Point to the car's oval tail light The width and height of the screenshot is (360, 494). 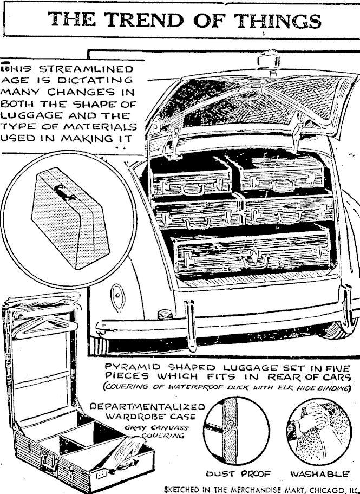115,295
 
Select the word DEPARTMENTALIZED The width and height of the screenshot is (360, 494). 148,407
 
